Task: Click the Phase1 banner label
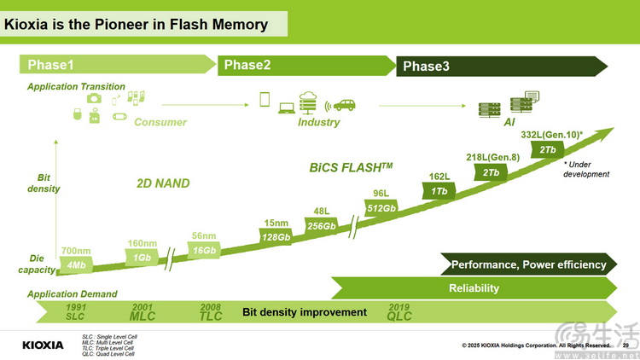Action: pyautogui.click(x=51, y=65)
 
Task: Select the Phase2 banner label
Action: pyautogui.click(x=247, y=65)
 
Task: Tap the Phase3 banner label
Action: pyautogui.click(x=426, y=67)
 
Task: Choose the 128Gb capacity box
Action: pyautogui.click(x=276, y=237)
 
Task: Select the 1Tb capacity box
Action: pyautogui.click(x=439, y=191)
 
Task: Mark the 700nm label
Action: pyautogui.click(x=74, y=251)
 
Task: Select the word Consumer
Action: pyautogui.click(x=160, y=122)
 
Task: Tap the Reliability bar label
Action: pyautogui.click(x=474, y=288)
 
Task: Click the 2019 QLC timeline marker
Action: pyautogui.click(x=399, y=311)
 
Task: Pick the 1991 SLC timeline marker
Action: pyautogui.click(x=76, y=311)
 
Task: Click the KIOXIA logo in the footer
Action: pyautogui.click(x=43, y=345)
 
